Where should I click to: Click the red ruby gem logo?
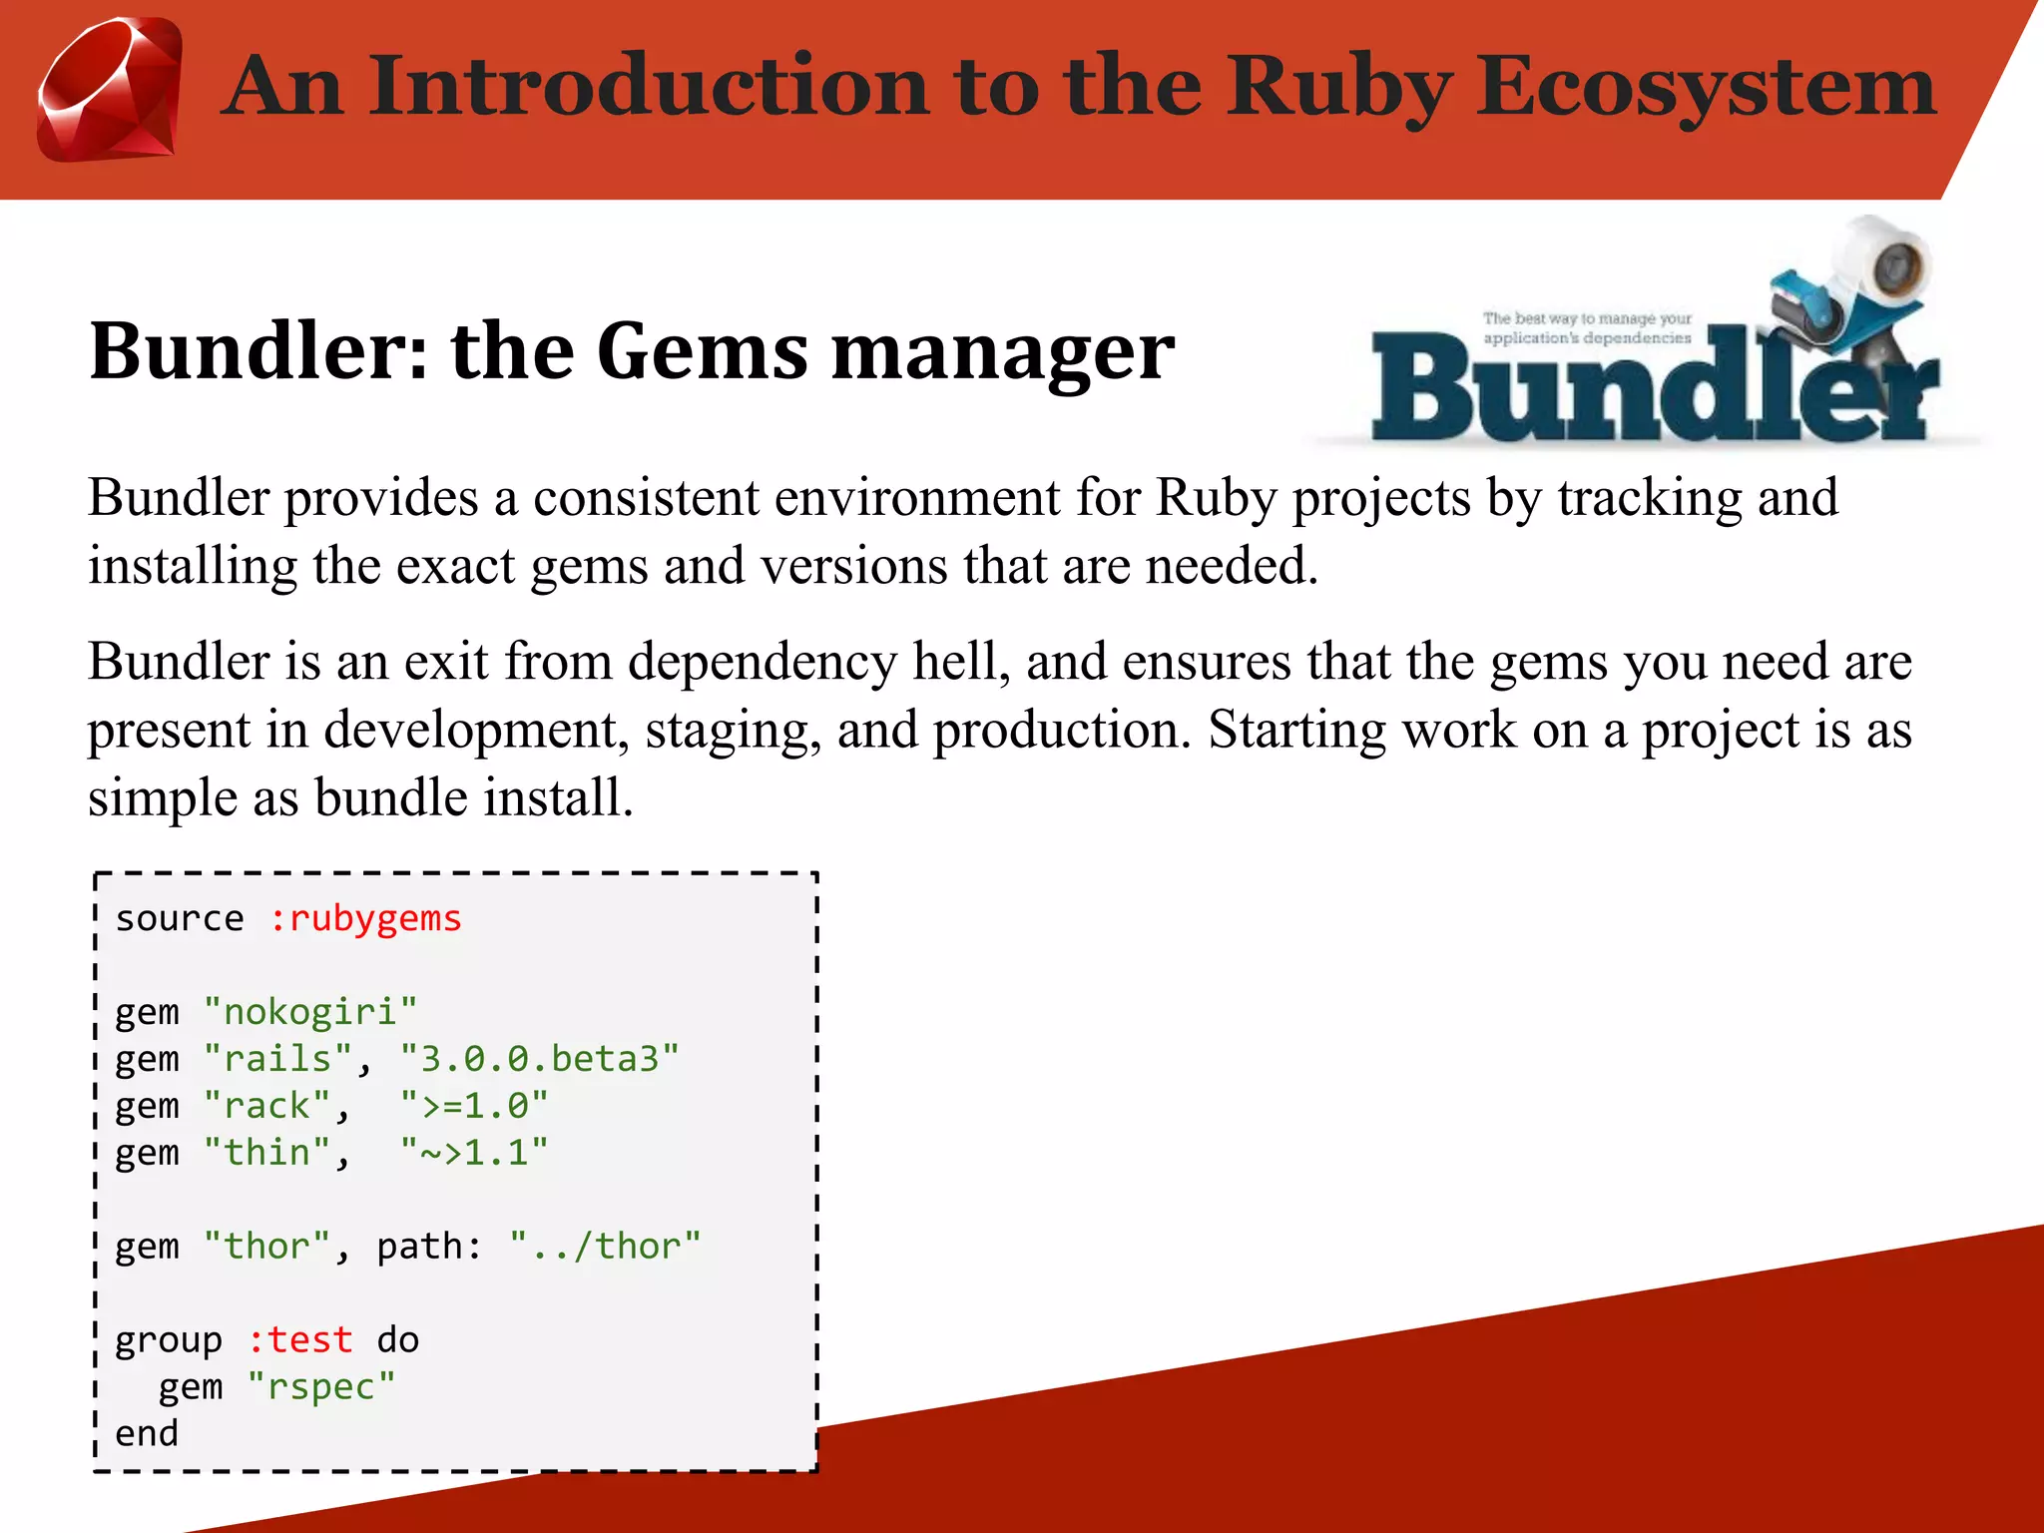pos(110,90)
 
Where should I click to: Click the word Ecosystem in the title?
pos(1706,88)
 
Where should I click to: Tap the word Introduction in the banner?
pos(653,86)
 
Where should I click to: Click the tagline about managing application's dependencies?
pos(1587,328)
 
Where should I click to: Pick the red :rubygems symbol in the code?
pos(365,918)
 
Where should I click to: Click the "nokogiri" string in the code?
pos(310,1012)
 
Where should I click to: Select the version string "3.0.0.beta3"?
pos(539,1059)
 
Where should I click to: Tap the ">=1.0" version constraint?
pos(474,1106)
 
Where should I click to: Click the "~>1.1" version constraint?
pos(474,1153)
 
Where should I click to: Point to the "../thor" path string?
pos(605,1247)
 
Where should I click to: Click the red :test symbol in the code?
pos(300,1340)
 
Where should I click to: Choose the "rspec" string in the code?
pos(321,1387)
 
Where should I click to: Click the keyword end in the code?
pos(147,1434)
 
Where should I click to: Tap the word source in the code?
pos(180,918)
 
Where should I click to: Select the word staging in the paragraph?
pos(734,730)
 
